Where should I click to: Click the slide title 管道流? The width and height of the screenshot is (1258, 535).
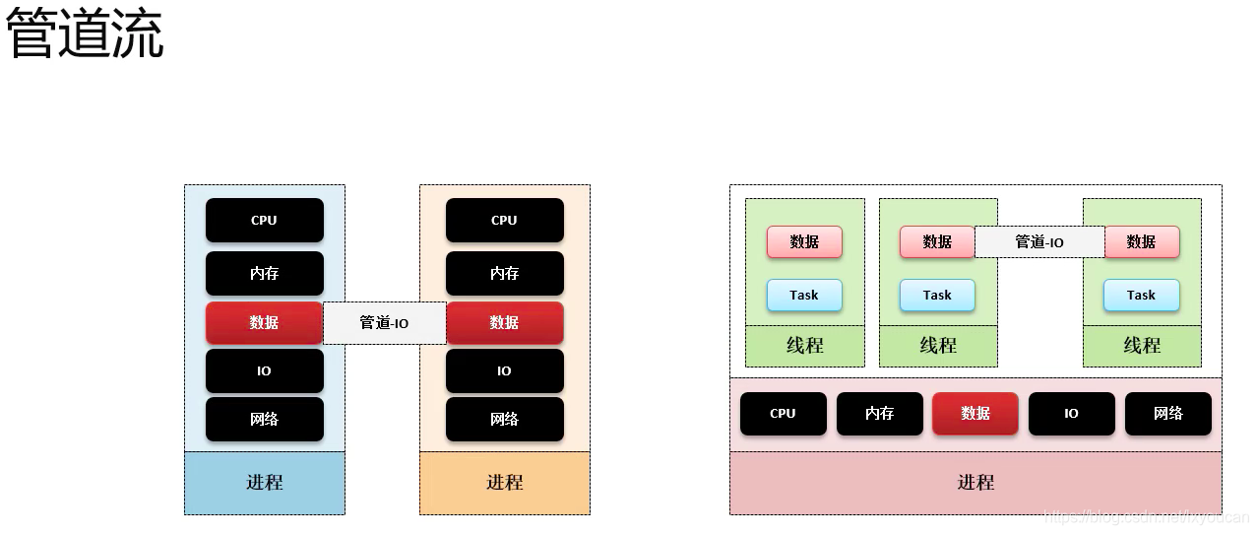pyautogui.click(x=85, y=35)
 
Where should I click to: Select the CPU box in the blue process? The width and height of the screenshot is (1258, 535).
pyautogui.click(x=264, y=220)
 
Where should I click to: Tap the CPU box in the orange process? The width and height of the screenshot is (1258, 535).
pyautogui.click(x=504, y=220)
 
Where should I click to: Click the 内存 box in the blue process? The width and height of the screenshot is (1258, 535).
pyautogui.click(x=264, y=273)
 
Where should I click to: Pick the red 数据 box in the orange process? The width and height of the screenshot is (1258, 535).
pyautogui.click(x=504, y=322)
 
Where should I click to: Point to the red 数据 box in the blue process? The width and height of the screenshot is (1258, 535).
pyautogui.click(x=264, y=322)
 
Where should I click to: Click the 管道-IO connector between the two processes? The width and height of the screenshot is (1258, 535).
pyautogui.click(x=384, y=322)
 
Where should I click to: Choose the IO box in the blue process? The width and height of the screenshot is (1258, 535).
pyautogui.click(x=264, y=370)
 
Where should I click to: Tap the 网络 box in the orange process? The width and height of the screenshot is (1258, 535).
pyautogui.click(x=504, y=419)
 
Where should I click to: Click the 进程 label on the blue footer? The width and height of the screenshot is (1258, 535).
pyautogui.click(x=264, y=482)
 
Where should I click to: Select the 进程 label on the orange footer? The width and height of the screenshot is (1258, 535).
pyautogui.click(x=504, y=482)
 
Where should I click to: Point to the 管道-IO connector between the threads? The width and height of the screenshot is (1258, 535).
pyautogui.click(x=1039, y=241)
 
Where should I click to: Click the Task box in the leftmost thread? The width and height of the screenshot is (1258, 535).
pyautogui.click(x=804, y=295)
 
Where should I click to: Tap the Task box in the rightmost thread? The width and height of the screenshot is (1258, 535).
pyautogui.click(x=1141, y=295)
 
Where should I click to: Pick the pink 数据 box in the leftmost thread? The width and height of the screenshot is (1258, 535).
pyautogui.click(x=804, y=241)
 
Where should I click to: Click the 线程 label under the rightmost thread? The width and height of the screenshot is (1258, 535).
pyautogui.click(x=1142, y=346)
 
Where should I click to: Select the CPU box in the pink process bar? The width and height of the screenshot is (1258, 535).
pyautogui.click(x=783, y=414)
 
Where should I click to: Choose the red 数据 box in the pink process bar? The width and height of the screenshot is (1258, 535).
pyautogui.click(x=975, y=414)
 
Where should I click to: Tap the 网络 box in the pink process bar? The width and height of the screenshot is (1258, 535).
pyautogui.click(x=1167, y=414)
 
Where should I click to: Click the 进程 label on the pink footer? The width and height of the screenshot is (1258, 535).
pyautogui.click(x=975, y=482)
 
